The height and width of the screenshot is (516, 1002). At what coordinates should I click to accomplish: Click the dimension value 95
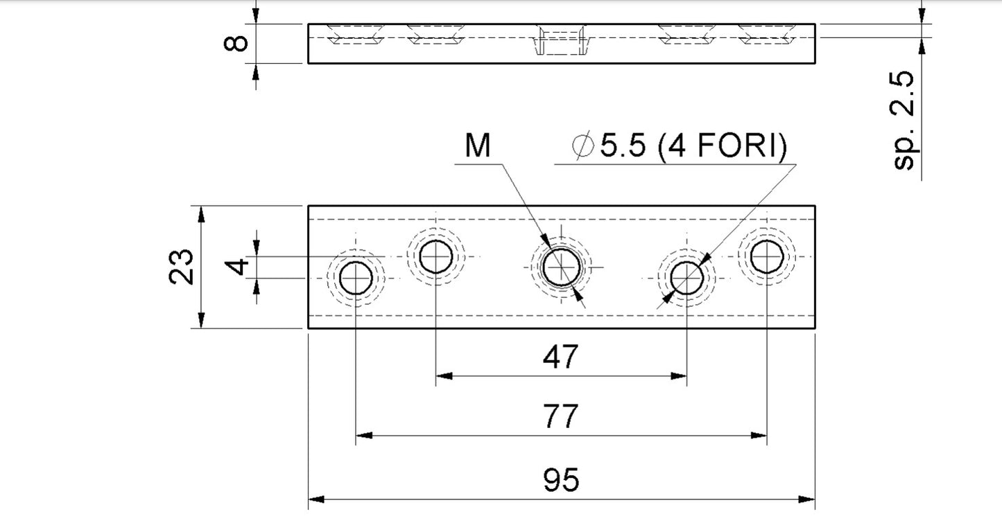561,480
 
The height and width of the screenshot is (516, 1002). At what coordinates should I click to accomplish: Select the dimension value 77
560,418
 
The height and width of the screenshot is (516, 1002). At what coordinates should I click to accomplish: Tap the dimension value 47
560,357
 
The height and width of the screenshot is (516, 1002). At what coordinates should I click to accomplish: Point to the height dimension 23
181,267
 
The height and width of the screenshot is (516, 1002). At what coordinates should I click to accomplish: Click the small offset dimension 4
238,267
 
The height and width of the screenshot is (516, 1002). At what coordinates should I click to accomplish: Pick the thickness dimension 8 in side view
238,44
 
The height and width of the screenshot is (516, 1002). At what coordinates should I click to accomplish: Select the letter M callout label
477,147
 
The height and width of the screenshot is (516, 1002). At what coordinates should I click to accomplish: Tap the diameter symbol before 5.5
583,147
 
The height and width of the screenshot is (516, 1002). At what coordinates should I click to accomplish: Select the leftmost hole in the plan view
356,278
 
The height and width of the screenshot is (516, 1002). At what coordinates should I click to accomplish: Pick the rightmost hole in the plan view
767,257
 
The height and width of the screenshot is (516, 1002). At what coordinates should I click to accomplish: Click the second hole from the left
436,257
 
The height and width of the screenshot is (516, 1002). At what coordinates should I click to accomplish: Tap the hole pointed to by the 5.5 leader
687,278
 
